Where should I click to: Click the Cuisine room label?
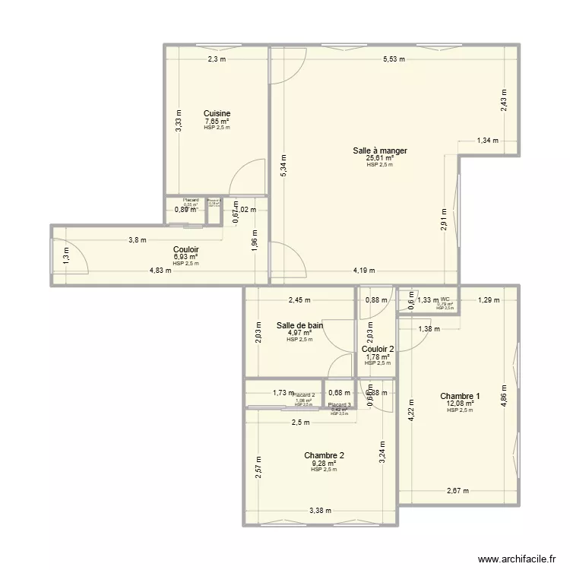217,113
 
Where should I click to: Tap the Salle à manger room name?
379,150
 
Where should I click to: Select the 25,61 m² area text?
379,158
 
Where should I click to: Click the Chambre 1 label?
460,396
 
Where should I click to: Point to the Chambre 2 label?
324,455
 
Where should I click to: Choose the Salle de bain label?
299,325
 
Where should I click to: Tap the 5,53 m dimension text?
394,59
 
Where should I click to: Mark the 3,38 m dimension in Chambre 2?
319,511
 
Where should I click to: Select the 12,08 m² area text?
460,404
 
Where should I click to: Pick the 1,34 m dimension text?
488,140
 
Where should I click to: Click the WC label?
445,299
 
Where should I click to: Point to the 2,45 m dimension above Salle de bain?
300,299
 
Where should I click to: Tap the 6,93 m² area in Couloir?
186,257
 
